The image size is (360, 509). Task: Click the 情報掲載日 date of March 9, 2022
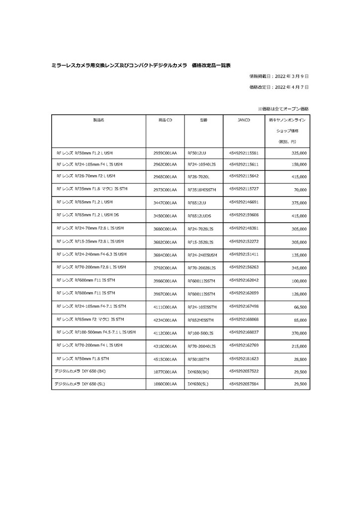(279, 77)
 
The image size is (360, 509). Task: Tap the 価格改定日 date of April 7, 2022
(279, 87)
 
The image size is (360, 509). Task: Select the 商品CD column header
(165, 120)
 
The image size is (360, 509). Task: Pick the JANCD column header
(244, 120)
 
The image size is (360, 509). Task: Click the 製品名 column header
(98, 120)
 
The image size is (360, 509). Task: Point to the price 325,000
(297, 153)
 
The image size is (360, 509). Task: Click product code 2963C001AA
(165, 164)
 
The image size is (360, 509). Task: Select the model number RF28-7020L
(199, 177)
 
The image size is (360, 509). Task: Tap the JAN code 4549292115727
(244, 189)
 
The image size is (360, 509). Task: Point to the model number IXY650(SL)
(198, 384)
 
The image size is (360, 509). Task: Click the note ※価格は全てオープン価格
(282, 108)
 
